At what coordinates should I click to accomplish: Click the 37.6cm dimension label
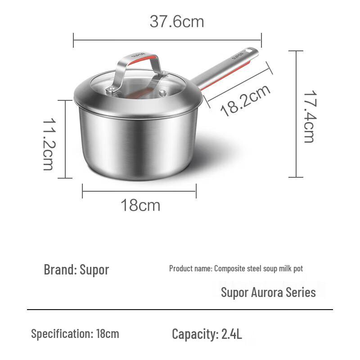point(176,21)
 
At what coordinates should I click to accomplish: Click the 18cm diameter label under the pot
point(140,205)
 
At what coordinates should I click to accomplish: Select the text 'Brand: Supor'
point(76,270)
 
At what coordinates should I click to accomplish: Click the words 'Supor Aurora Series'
point(268,292)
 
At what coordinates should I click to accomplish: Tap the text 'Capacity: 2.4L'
point(207,334)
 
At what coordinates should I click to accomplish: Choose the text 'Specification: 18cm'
point(75,334)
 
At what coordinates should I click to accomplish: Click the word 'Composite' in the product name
point(229,269)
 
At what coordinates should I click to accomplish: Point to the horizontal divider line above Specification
point(180,310)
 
